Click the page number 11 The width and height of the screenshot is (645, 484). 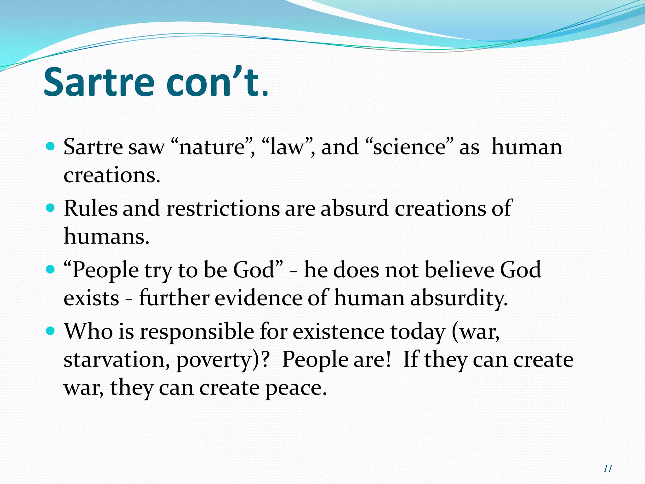pos(608,469)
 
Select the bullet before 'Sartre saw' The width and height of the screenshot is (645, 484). pos(50,147)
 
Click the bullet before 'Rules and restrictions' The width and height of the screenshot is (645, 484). pos(50,208)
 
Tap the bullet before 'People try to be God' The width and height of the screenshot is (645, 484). pos(50,270)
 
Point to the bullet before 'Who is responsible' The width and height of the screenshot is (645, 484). pos(50,331)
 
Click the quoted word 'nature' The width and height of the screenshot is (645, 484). pos(213,147)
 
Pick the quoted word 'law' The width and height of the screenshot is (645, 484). pos(287,147)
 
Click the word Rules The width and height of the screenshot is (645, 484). pos(90,208)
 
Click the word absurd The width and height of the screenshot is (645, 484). pos(354,208)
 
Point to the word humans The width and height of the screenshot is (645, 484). pos(106,236)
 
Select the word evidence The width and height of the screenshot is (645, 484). pos(258,298)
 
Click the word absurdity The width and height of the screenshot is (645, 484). pos(459,298)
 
